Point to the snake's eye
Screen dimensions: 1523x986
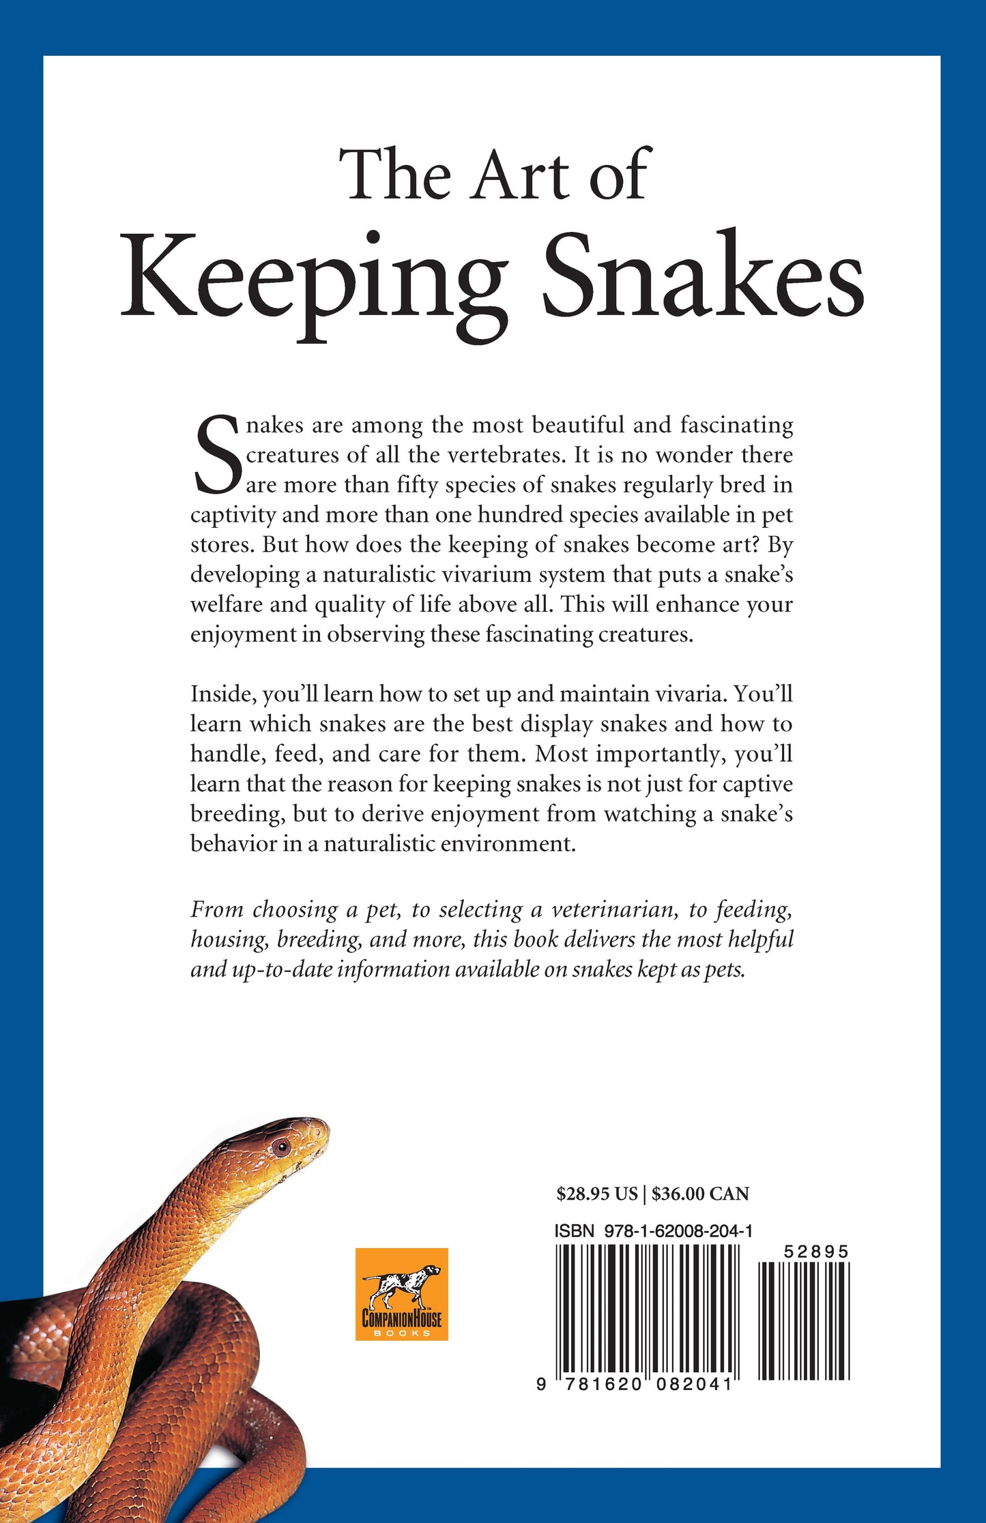280,1147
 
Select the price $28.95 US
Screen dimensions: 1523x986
596,1194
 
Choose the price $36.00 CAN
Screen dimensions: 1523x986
700,1194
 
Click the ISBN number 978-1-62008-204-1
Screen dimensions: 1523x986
678,1230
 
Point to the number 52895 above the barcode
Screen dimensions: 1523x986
816,1252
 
